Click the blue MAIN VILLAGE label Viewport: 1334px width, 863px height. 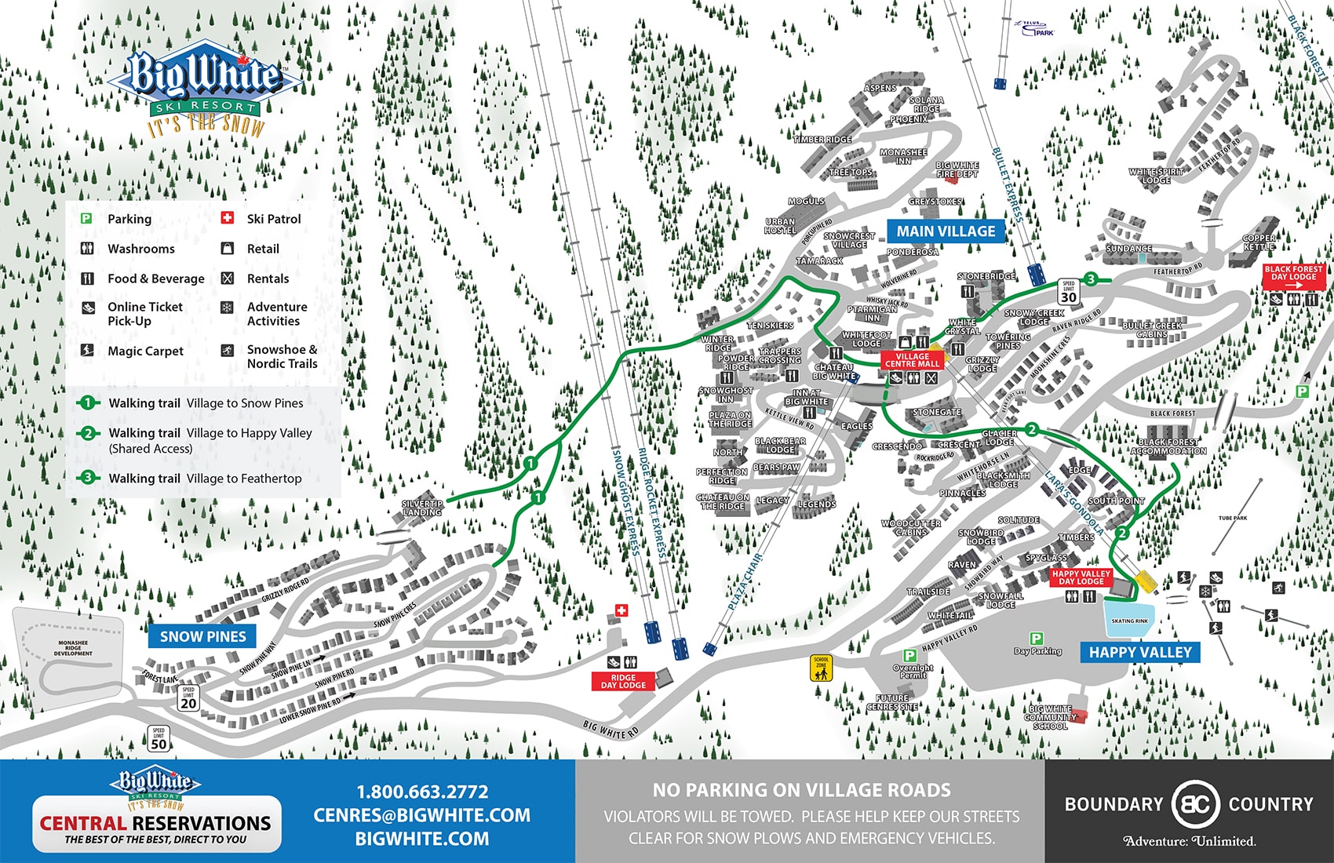tap(946, 231)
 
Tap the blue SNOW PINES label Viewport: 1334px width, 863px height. tap(202, 636)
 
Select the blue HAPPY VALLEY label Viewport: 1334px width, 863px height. tap(1139, 652)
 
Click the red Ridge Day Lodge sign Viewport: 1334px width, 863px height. tap(623, 681)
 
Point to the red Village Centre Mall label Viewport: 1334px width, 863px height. tap(912, 360)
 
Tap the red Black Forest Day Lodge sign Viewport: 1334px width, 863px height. tap(1293, 273)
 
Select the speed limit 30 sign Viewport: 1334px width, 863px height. tap(1068, 292)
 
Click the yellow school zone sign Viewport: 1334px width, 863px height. tap(821, 668)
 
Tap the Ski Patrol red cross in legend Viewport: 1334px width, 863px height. tap(228, 218)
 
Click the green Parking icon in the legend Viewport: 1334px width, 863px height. tap(87, 219)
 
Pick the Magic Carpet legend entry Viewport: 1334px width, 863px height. tap(145, 351)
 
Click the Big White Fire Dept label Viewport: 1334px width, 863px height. tap(957, 169)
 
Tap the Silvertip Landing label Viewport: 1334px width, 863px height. tap(422, 508)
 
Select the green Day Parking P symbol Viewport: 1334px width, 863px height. tap(1036, 639)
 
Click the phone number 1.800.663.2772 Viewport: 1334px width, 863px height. tap(422, 792)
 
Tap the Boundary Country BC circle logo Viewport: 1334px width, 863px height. tap(1194, 804)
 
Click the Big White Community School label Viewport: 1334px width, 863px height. tap(1050, 717)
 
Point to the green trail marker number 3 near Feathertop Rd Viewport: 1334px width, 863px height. tap(1091, 279)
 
